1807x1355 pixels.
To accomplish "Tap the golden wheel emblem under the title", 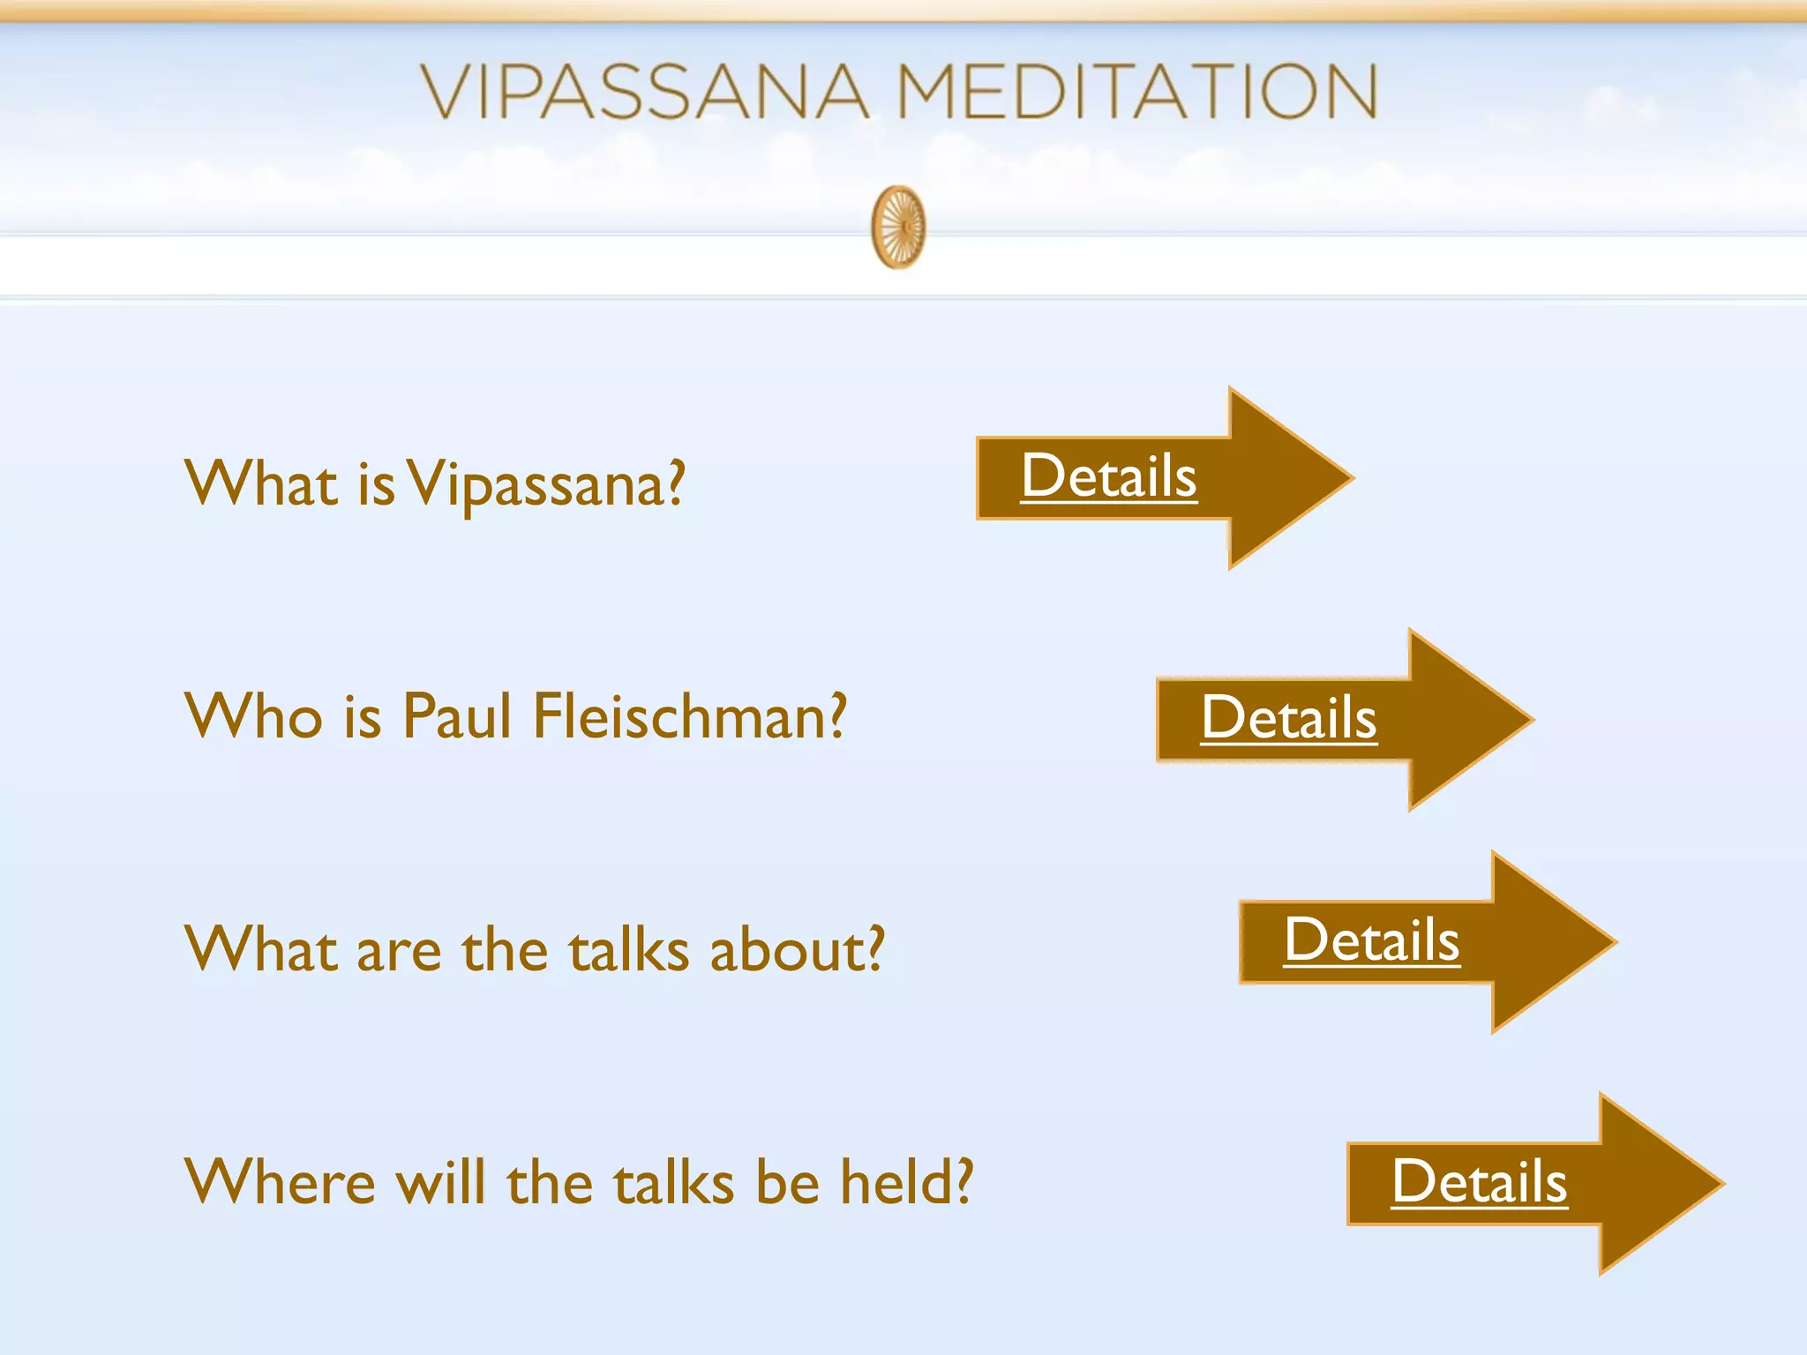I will point(898,227).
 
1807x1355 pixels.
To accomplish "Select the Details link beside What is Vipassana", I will point(1108,476).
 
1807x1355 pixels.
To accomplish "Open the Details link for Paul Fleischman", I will point(1288,717).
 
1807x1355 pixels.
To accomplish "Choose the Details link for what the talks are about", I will point(1371,940).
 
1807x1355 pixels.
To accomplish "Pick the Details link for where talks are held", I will point(1479,1182).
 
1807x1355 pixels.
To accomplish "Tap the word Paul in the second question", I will point(456,716).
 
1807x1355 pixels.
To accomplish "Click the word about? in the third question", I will point(796,950).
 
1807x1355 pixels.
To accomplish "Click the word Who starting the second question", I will point(253,716).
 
